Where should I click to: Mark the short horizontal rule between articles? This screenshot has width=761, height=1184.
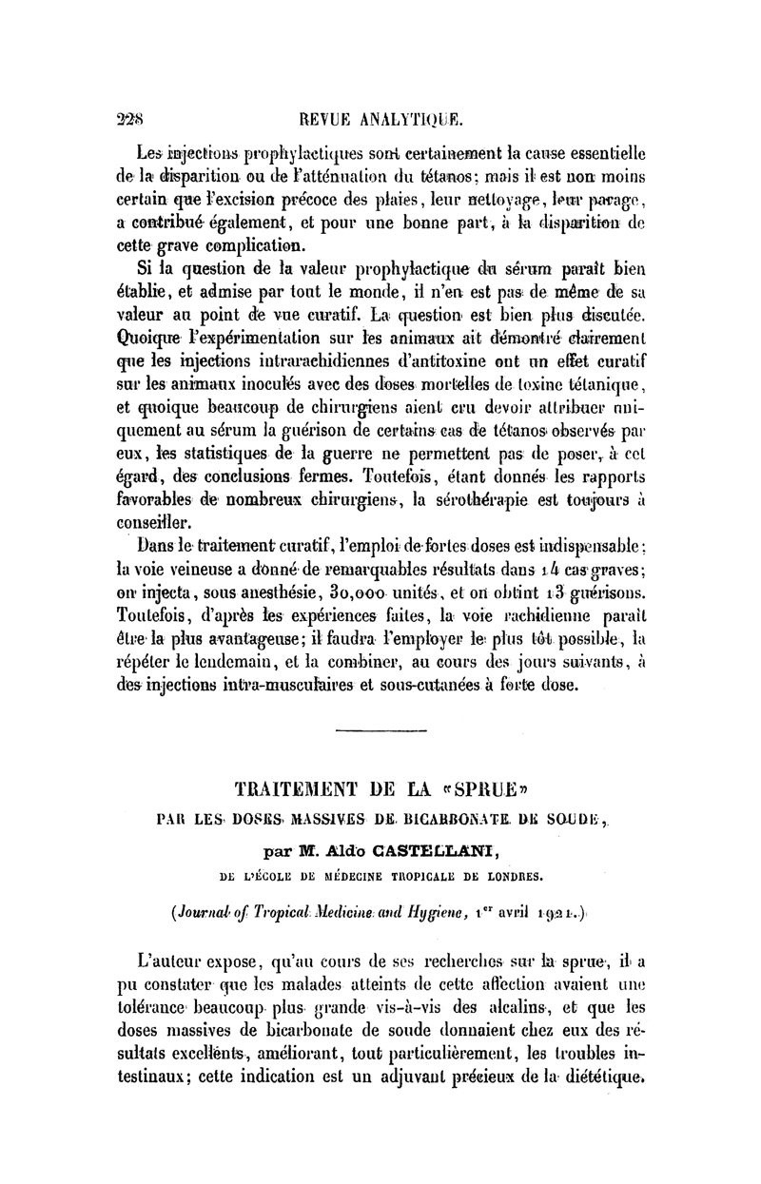point(380,730)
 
